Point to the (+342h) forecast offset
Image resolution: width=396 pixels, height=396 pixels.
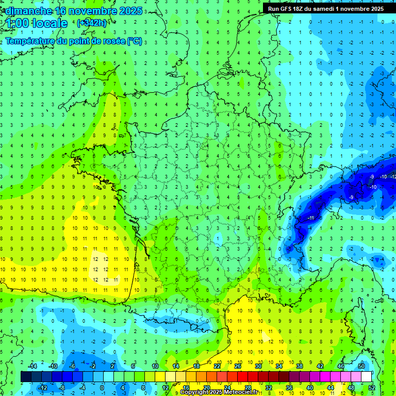click(x=91, y=23)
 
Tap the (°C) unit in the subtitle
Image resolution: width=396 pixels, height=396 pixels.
click(x=135, y=41)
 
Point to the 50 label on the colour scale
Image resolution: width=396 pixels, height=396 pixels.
click(x=361, y=366)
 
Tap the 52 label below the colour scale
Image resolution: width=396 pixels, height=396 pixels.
click(x=372, y=387)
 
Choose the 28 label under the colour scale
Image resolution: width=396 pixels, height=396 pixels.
click(x=248, y=387)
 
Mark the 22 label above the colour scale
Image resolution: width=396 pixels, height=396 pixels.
click(x=217, y=366)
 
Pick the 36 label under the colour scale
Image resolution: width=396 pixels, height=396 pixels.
click(x=289, y=387)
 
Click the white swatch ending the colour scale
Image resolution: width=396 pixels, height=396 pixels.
click(x=367, y=376)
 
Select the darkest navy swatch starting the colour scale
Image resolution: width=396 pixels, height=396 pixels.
click(x=26, y=376)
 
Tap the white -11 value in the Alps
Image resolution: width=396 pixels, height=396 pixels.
click(x=311, y=218)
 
